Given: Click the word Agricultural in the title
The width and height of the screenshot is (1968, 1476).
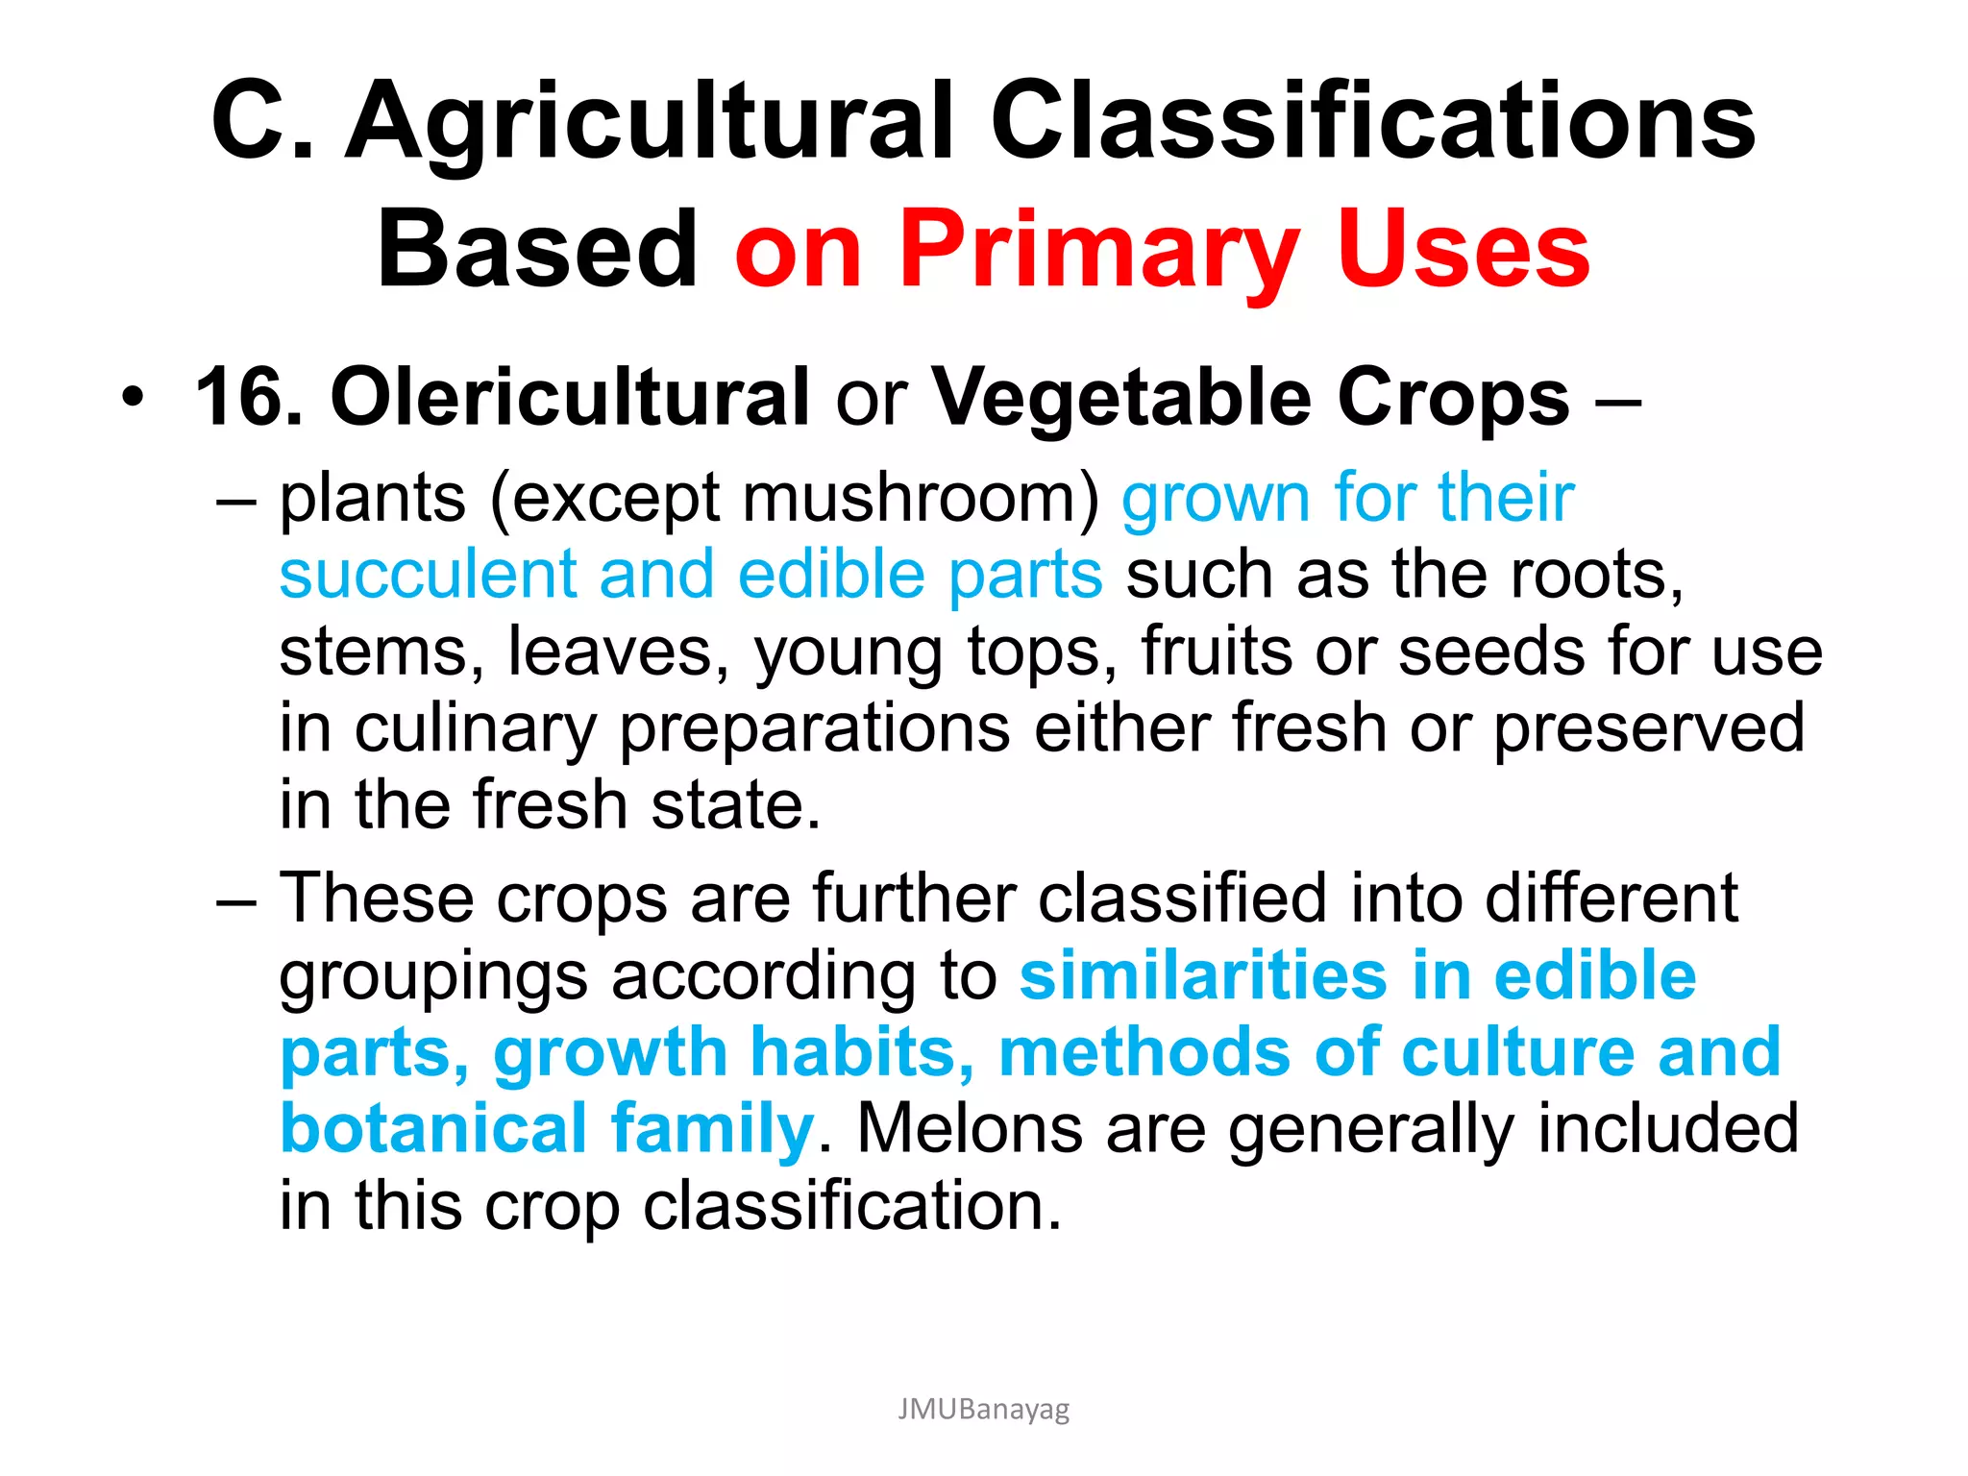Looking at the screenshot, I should (x=650, y=122).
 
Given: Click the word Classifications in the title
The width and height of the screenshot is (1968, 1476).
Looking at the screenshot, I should (x=1373, y=122).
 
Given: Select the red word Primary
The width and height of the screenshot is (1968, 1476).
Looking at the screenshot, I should (x=1098, y=251).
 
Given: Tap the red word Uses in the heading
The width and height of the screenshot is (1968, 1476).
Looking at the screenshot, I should (x=1463, y=251).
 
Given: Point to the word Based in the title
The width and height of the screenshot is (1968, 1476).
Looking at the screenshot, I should (x=537, y=251).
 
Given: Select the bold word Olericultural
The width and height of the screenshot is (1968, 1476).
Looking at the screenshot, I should (x=570, y=397).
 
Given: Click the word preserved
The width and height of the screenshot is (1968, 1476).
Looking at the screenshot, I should (x=1649, y=728).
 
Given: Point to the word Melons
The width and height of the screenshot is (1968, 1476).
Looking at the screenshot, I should (x=970, y=1128).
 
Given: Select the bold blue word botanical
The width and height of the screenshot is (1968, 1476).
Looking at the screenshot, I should (x=433, y=1128).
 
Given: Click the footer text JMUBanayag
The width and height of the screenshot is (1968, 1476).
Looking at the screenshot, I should (x=983, y=1409).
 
